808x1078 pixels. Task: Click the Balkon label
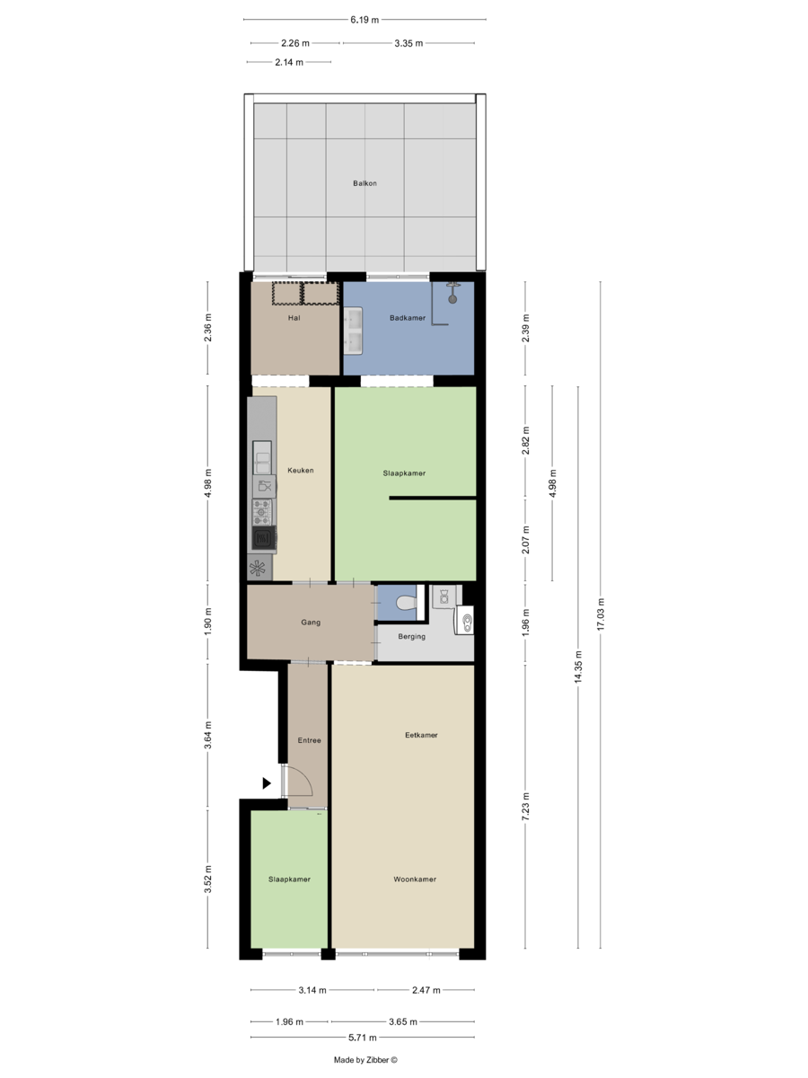point(364,183)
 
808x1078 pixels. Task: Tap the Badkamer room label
point(408,318)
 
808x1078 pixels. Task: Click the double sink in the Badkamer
point(353,331)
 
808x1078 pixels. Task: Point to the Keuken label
point(300,470)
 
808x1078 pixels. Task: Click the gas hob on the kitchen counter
point(262,512)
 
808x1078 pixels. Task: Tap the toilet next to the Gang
point(406,603)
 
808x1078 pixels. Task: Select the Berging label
point(411,637)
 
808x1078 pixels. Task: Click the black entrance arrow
point(267,783)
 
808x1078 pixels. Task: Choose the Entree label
point(309,740)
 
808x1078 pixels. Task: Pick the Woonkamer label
point(415,879)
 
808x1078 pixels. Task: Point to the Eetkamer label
point(421,735)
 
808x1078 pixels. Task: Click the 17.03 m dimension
point(601,614)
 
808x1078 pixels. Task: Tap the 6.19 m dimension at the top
point(364,20)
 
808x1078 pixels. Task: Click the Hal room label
point(294,318)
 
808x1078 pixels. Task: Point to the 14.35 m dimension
point(578,667)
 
